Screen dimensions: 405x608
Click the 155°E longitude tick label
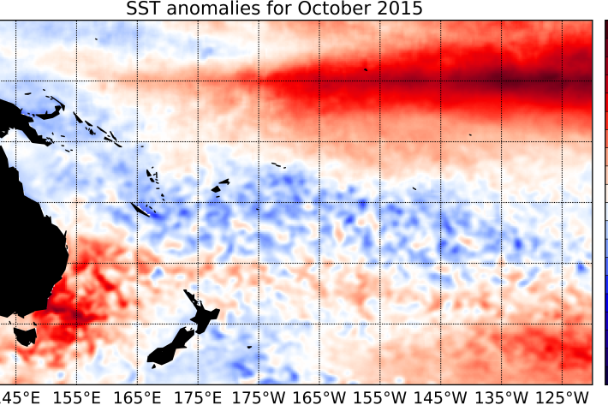[78, 396]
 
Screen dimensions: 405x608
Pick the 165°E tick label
[139, 396]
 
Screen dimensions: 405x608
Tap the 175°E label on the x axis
[200, 396]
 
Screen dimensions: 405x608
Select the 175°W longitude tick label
[259, 396]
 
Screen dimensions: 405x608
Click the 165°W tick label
[320, 396]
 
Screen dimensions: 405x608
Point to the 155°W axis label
[381, 396]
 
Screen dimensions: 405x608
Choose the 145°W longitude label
[442, 396]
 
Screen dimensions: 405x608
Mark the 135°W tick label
[503, 396]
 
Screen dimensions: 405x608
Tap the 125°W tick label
[563, 396]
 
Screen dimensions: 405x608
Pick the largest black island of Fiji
[220, 183]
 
